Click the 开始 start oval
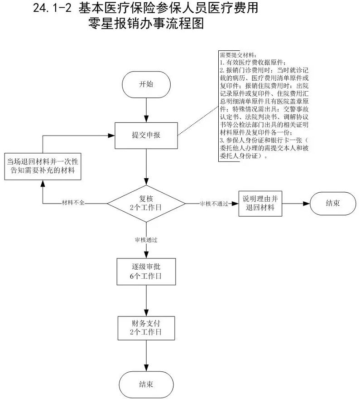[x=146, y=85]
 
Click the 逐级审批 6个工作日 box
[x=146, y=271]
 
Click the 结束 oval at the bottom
[x=146, y=384]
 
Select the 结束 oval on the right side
[x=333, y=203]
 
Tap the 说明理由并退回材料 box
[x=259, y=203]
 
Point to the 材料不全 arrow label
[x=72, y=204]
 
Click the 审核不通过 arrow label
[x=211, y=204]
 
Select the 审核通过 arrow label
[x=146, y=239]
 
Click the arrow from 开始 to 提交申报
[x=146, y=109]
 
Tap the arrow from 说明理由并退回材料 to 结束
[x=295, y=203]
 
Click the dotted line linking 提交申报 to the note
[x=197, y=122]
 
